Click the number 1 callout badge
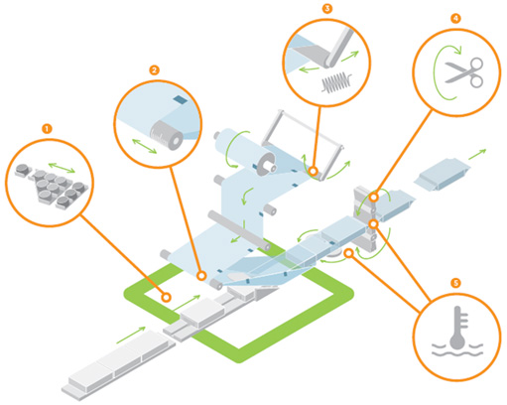pyautogui.click(x=47, y=128)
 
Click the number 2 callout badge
pyautogui.click(x=154, y=70)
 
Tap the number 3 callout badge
pyautogui.click(x=327, y=8)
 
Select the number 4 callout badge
pyautogui.click(x=455, y=18)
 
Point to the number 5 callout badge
pyautogui.click(x=455, y=283)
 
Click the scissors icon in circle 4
pyautogui.click(x=464, y=72)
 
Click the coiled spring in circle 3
pyautogui.click(x=336, y=82)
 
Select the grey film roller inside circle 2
pyautogui.click(x=167, y=135)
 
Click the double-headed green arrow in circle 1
pyautogui.click(x=62, y=168)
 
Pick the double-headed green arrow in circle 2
pyautogui.click(x=145, y=146)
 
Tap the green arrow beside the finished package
pyautogui.click(x=477, y=154)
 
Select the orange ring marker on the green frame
pyautogui.click(x=167, y=298)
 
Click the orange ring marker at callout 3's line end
pyautogui.click(x=314, y=171)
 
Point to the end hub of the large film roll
pyautogui.click(x=267, y=166)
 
